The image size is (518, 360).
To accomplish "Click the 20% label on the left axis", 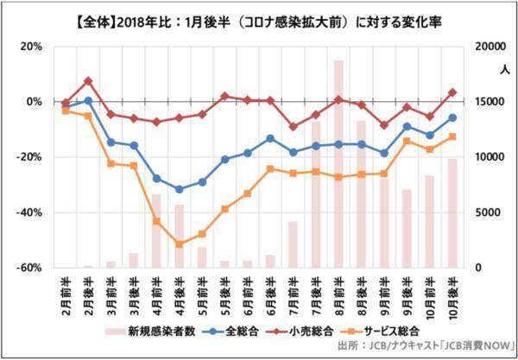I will (x=31, y=47).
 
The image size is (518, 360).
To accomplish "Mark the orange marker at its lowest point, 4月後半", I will (x=179, y=244).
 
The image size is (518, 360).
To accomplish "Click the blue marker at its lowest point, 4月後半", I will (x=179, y=189).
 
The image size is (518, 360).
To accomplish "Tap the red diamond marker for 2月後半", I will (x=88, y=81).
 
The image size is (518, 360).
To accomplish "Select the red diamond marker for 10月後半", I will (x=452, y=92).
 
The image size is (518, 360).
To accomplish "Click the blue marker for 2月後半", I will (x=88, y=101).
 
